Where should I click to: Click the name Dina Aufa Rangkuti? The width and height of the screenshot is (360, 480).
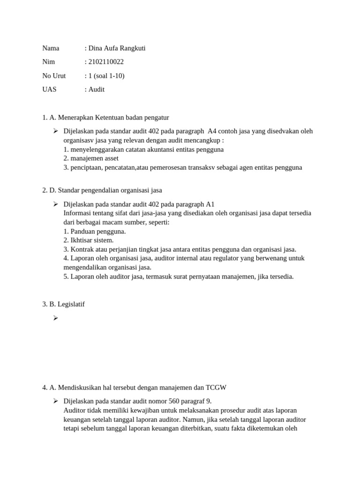point(117,48)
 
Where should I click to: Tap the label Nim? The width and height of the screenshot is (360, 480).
point(49,62)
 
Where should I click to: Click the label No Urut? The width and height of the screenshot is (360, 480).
point(54,75)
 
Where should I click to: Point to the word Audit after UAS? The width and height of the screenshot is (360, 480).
point(97,89)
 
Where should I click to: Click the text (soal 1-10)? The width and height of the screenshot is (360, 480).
point(110,75)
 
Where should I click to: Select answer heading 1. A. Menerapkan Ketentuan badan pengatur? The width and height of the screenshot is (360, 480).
point(105,117)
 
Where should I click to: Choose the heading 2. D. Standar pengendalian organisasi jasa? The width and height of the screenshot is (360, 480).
point(102,190)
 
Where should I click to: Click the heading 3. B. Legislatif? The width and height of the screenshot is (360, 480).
point(63,304)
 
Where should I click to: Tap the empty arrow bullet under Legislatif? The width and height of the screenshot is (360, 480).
point(55,318)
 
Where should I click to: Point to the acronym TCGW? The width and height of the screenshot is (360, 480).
point(216,387)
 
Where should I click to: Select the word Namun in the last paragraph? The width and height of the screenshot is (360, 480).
point(192,419)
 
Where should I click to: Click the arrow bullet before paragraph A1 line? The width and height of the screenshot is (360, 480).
point(55,204)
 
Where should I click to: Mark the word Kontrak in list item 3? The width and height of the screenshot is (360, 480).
point(82,249)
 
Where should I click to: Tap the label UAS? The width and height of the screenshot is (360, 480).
point(49,89)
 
